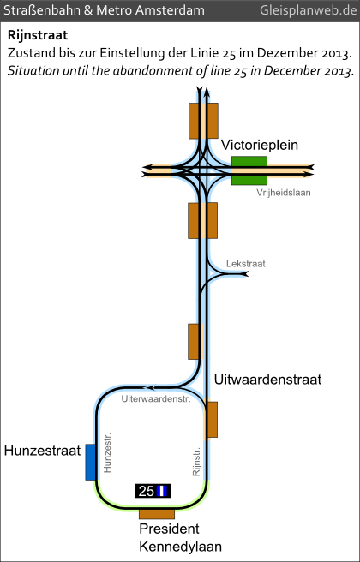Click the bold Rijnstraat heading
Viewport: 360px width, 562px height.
pyautogui.click(x=38, y=35)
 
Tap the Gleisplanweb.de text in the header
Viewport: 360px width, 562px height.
pyautogui.click(x=309, y=10)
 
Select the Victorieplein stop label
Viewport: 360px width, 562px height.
pyautogui.click(x=260, y=146)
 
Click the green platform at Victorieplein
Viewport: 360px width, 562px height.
pyautogui.click(x=249, y=170)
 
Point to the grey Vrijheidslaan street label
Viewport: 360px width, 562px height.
pyautogui.click(x=283, y=193)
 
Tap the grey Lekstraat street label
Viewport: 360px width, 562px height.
pyautogui.click(x=246, y=264)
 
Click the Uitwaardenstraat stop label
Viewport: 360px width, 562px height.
pyautogui.click(x=267, y=380)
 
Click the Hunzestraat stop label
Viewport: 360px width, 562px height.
pyautogui.click(x=42, y=451)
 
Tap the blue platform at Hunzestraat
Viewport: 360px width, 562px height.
pyautogui.click(x=90, y=462)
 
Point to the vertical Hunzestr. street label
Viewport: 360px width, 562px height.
pyautogui.click(x=107, y=452)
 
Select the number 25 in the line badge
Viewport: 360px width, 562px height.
pyautogui.click(x=147, y=491)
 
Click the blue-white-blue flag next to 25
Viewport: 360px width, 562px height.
pyautogui.click(x=162, y=491)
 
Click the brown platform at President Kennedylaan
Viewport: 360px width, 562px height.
pyautogui.click(x=157, y=514)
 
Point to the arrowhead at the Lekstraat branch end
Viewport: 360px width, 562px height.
pyautogui.click(x=244, y=274)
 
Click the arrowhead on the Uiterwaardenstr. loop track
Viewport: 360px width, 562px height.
pyautogui.click(x=149, y=387)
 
